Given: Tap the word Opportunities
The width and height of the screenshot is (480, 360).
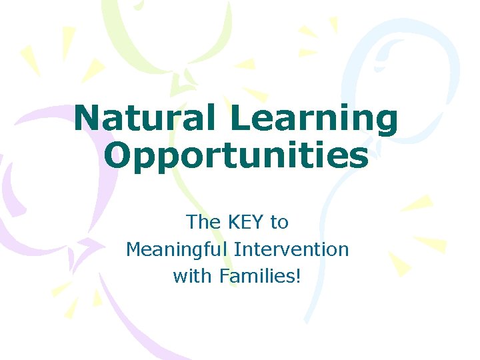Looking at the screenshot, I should pos(237,156).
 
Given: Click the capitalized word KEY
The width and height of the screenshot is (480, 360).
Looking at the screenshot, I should pos(245,221).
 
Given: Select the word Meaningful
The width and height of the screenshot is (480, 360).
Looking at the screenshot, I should pos(177,250).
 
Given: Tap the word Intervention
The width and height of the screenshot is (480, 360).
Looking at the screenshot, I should pos(292,249).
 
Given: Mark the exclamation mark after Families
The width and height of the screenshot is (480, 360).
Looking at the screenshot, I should pos(298,275).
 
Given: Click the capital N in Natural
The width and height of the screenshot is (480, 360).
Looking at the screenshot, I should pos(89,119).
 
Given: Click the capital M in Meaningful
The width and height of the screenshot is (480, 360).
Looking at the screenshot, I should pos(133,249).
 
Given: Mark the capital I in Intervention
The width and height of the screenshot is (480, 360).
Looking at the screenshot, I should pos(237,249).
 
